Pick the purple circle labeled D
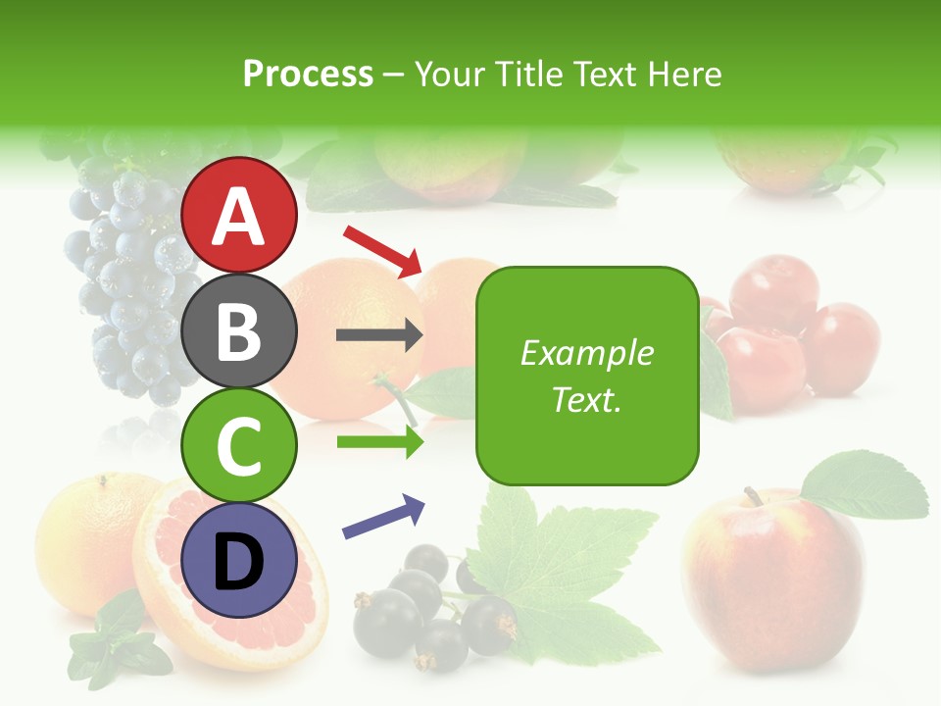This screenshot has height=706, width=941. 239,560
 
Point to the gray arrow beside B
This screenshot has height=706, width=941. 379,335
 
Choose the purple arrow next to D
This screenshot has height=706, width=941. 383,517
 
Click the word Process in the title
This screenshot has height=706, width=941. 308,75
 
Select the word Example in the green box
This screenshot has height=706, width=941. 586,353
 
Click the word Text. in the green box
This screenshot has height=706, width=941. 586,399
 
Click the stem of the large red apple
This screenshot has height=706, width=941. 753,496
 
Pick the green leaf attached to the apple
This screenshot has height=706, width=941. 863,485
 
